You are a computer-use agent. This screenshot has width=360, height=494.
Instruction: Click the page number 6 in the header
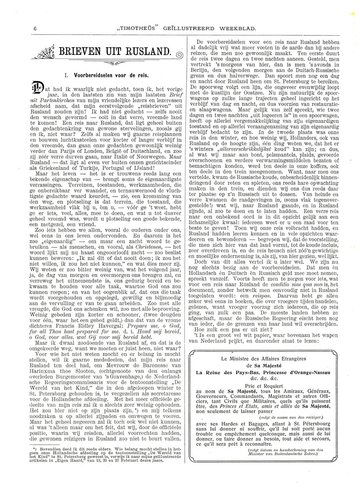click(35, 28)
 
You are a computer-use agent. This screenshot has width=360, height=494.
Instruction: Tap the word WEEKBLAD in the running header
click(240, 28)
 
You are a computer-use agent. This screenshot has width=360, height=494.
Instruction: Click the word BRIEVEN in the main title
click(80, 52)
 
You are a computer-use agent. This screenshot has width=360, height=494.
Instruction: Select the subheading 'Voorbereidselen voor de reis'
click(104, 75)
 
